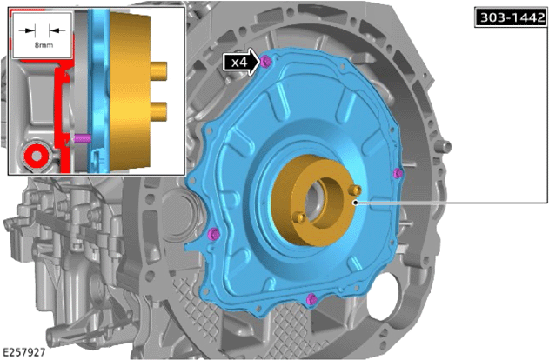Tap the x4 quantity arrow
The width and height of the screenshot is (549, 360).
click(242, 63)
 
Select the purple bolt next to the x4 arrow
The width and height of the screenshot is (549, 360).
click(265, 62)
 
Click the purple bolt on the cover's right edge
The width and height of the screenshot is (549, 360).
click(398, 173)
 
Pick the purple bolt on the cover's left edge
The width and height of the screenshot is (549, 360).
click(213, 234)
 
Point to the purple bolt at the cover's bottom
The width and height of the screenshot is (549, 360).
click(311, 299)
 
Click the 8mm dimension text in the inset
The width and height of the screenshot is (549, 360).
click(44, 45)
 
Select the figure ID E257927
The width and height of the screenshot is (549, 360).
click(24, 352)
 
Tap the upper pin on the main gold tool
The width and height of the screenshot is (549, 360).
click(356, 190)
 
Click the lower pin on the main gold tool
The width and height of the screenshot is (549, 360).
click(299, 217)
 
